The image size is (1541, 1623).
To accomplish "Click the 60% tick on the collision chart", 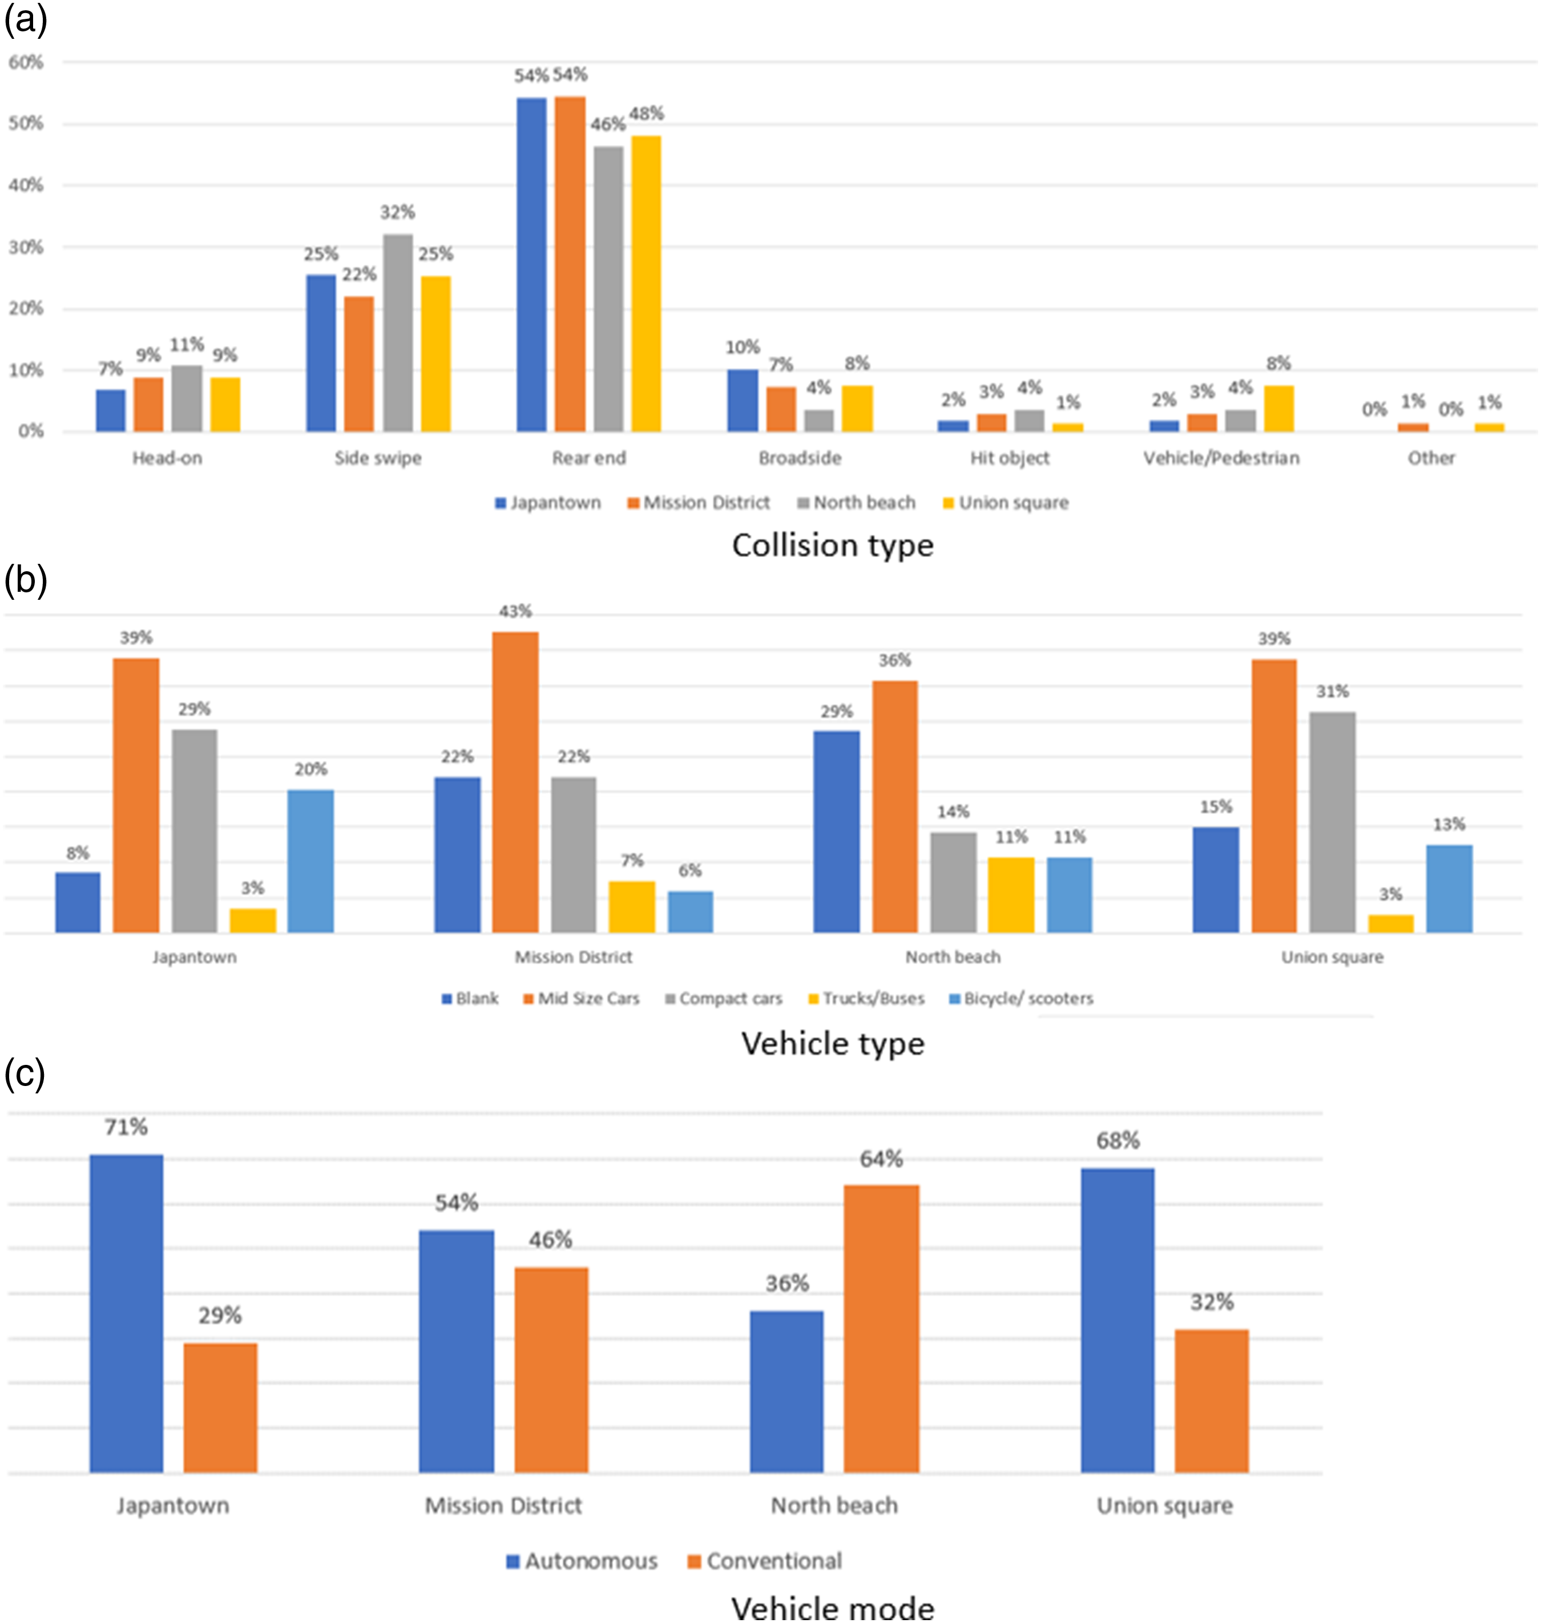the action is point(26,62).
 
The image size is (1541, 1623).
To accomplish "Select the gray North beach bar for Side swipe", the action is point(398,333).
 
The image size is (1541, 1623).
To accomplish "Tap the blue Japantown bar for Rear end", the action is point(531,264).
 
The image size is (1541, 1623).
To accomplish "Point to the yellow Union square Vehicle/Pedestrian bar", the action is point(1279,408).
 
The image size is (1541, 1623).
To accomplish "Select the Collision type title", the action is point(833,546).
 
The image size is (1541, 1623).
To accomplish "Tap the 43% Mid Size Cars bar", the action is point(515,782).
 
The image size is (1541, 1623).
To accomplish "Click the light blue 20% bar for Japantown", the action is point(310,861).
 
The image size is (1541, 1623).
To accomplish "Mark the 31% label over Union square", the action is point(1332,692).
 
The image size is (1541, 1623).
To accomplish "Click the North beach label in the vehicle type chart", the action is point(953,957).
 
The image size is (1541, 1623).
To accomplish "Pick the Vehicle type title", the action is point(833,1043).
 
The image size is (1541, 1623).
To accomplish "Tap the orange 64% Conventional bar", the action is point(881,1329).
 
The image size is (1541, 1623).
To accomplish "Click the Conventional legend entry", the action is point(765,1561).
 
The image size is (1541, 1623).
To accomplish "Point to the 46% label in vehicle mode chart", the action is point(550,1240).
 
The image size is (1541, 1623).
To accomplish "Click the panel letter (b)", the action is point(26,580).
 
